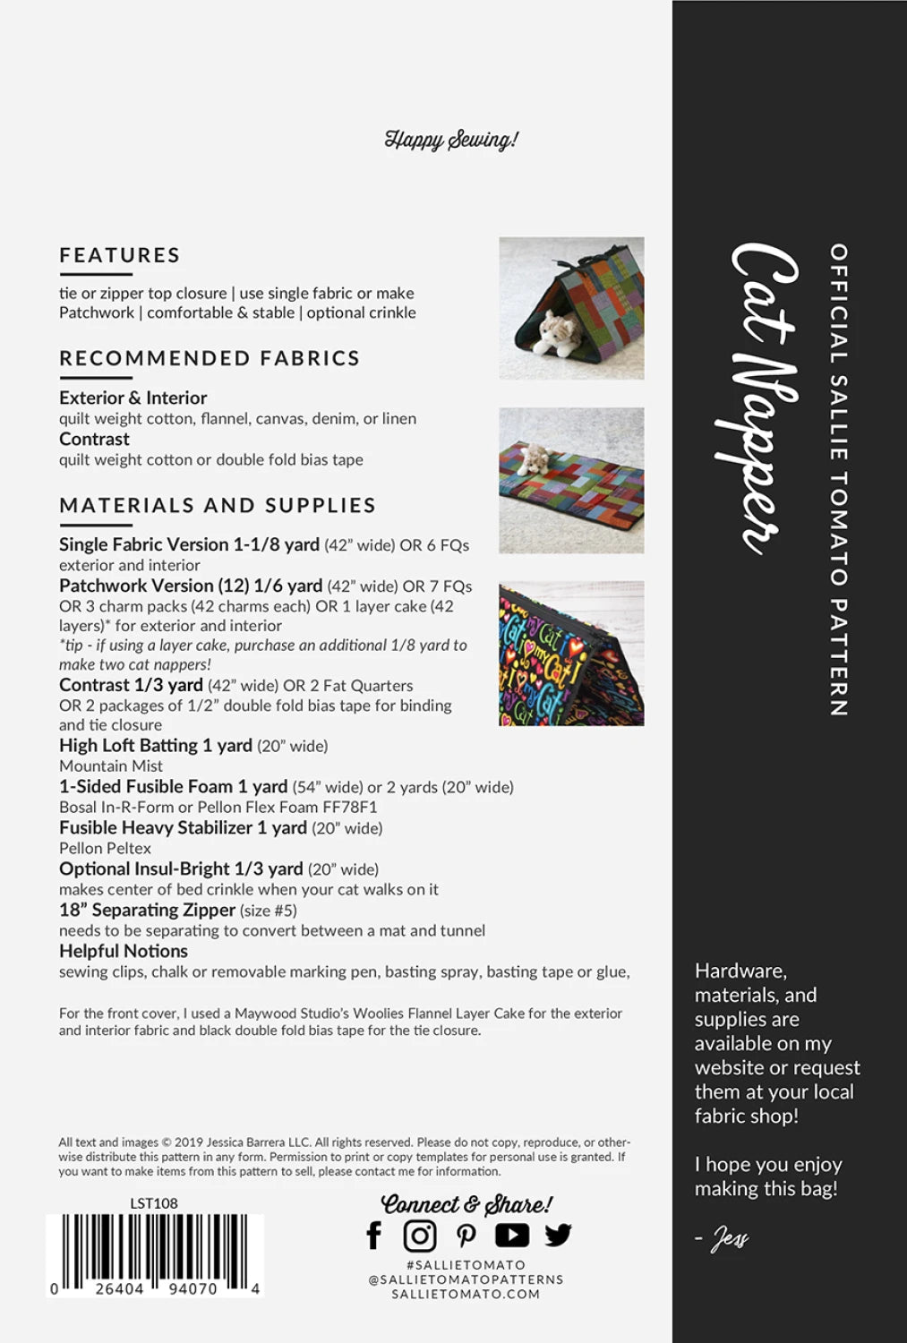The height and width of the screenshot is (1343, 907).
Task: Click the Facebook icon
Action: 374,1236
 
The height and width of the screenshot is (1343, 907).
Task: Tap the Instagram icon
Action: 419,1236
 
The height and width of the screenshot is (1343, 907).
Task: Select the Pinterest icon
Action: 466,1236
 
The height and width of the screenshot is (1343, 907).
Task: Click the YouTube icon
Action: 512,1236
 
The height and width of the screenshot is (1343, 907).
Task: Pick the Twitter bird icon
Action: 558,1236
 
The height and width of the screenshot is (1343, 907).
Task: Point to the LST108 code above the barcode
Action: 154,1203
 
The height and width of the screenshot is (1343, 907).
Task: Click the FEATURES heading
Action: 120,255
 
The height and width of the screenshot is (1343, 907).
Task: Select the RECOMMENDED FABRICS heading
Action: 210,358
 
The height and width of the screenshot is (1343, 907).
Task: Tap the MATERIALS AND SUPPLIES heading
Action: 218,505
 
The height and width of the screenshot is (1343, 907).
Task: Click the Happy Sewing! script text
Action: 451,140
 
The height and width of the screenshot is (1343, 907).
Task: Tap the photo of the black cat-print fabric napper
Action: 571,653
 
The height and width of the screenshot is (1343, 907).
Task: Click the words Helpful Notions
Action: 124,951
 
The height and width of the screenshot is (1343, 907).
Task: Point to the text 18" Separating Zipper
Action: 147,910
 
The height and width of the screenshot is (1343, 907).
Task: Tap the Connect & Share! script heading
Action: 466,1204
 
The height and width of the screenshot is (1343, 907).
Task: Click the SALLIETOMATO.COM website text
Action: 466,1294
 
